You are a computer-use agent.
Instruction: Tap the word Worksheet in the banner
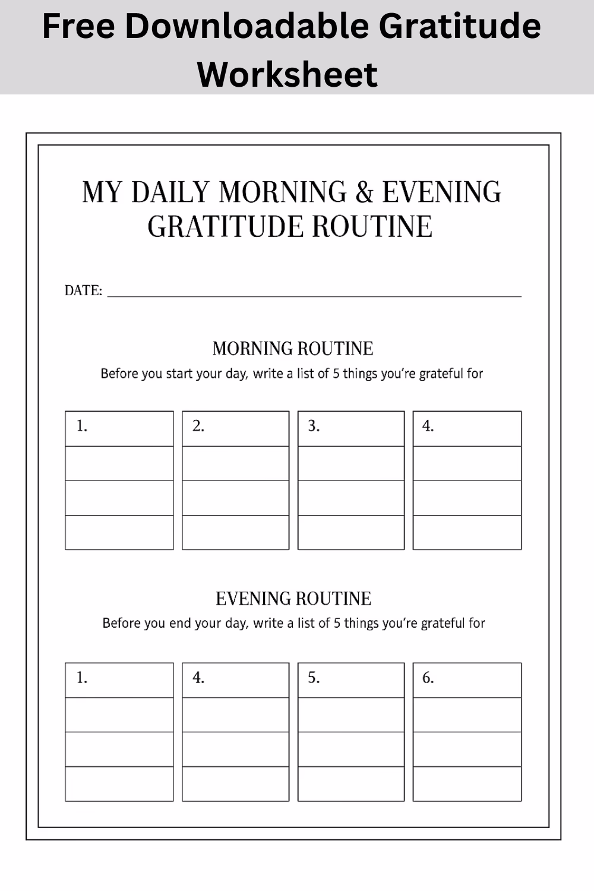pos(287,74)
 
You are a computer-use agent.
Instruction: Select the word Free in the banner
pos(78,27)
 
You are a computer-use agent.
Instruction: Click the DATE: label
pos(83,290)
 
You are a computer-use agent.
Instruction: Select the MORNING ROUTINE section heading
pos(293,348)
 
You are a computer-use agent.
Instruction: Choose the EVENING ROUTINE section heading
pos(293,598)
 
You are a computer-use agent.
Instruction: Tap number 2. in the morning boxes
pos(198,426)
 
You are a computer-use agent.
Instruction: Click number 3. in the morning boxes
pos(314,426)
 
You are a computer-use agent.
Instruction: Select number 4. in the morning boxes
pos(428,426)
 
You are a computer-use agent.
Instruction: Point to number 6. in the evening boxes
pos(428,678)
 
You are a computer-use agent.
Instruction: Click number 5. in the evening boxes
pos(314,678)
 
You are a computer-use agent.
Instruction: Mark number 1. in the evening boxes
pos(82,678)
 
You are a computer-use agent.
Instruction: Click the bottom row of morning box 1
pos(119,532)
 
